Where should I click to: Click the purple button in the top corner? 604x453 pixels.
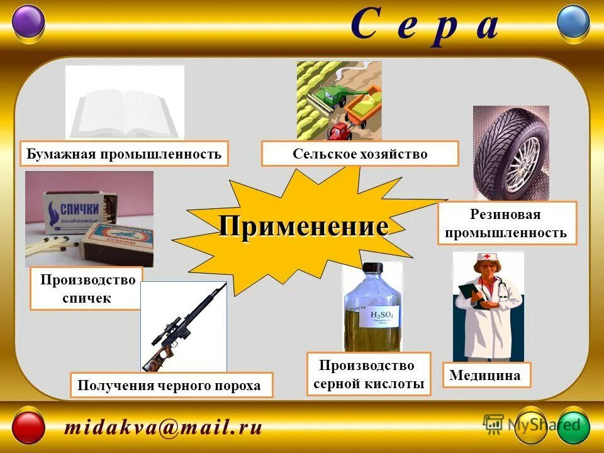pos(29,22)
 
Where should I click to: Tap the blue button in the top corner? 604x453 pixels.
pos(574,22)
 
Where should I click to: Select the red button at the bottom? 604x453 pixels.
pos(29,428)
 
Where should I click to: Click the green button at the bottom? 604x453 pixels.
pos(573,428)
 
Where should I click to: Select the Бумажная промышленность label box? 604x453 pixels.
pos(124,154)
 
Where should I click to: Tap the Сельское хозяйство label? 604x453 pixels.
pos(360,154)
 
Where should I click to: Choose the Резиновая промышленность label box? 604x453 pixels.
pos(506,223)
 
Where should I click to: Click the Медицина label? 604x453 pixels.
pos(485,375)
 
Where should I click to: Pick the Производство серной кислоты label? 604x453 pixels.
pos(369,374)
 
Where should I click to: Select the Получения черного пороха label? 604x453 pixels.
pos(171,385)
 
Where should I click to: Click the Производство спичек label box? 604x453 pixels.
pos(87,289)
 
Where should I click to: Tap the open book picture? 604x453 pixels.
pos(125,104)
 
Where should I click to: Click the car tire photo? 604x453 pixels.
pos(510,153)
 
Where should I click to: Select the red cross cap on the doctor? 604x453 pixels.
pos(486,258)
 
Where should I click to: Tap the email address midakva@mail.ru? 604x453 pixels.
pos(162,428)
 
